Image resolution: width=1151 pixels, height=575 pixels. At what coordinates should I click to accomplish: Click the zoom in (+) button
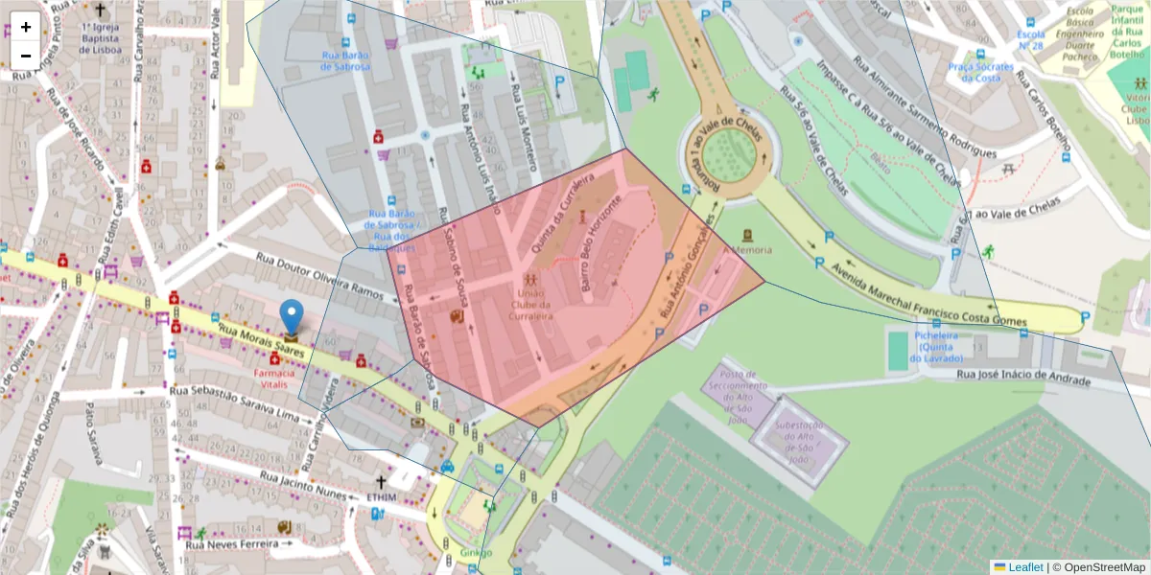tap(26, 27)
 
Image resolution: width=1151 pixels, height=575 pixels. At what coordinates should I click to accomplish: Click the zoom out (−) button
tap(26, 56)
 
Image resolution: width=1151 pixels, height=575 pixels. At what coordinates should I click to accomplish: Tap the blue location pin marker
tap(291, 318)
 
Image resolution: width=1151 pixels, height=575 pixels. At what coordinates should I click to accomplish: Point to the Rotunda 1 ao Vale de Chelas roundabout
tap(729, 154)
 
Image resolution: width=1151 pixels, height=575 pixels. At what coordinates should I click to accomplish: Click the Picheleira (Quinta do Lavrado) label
tap(924, 346)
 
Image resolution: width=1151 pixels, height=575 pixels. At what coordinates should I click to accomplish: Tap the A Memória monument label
tap(752, 249)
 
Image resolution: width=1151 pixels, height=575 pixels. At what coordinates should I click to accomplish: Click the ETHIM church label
tap(381, 497)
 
